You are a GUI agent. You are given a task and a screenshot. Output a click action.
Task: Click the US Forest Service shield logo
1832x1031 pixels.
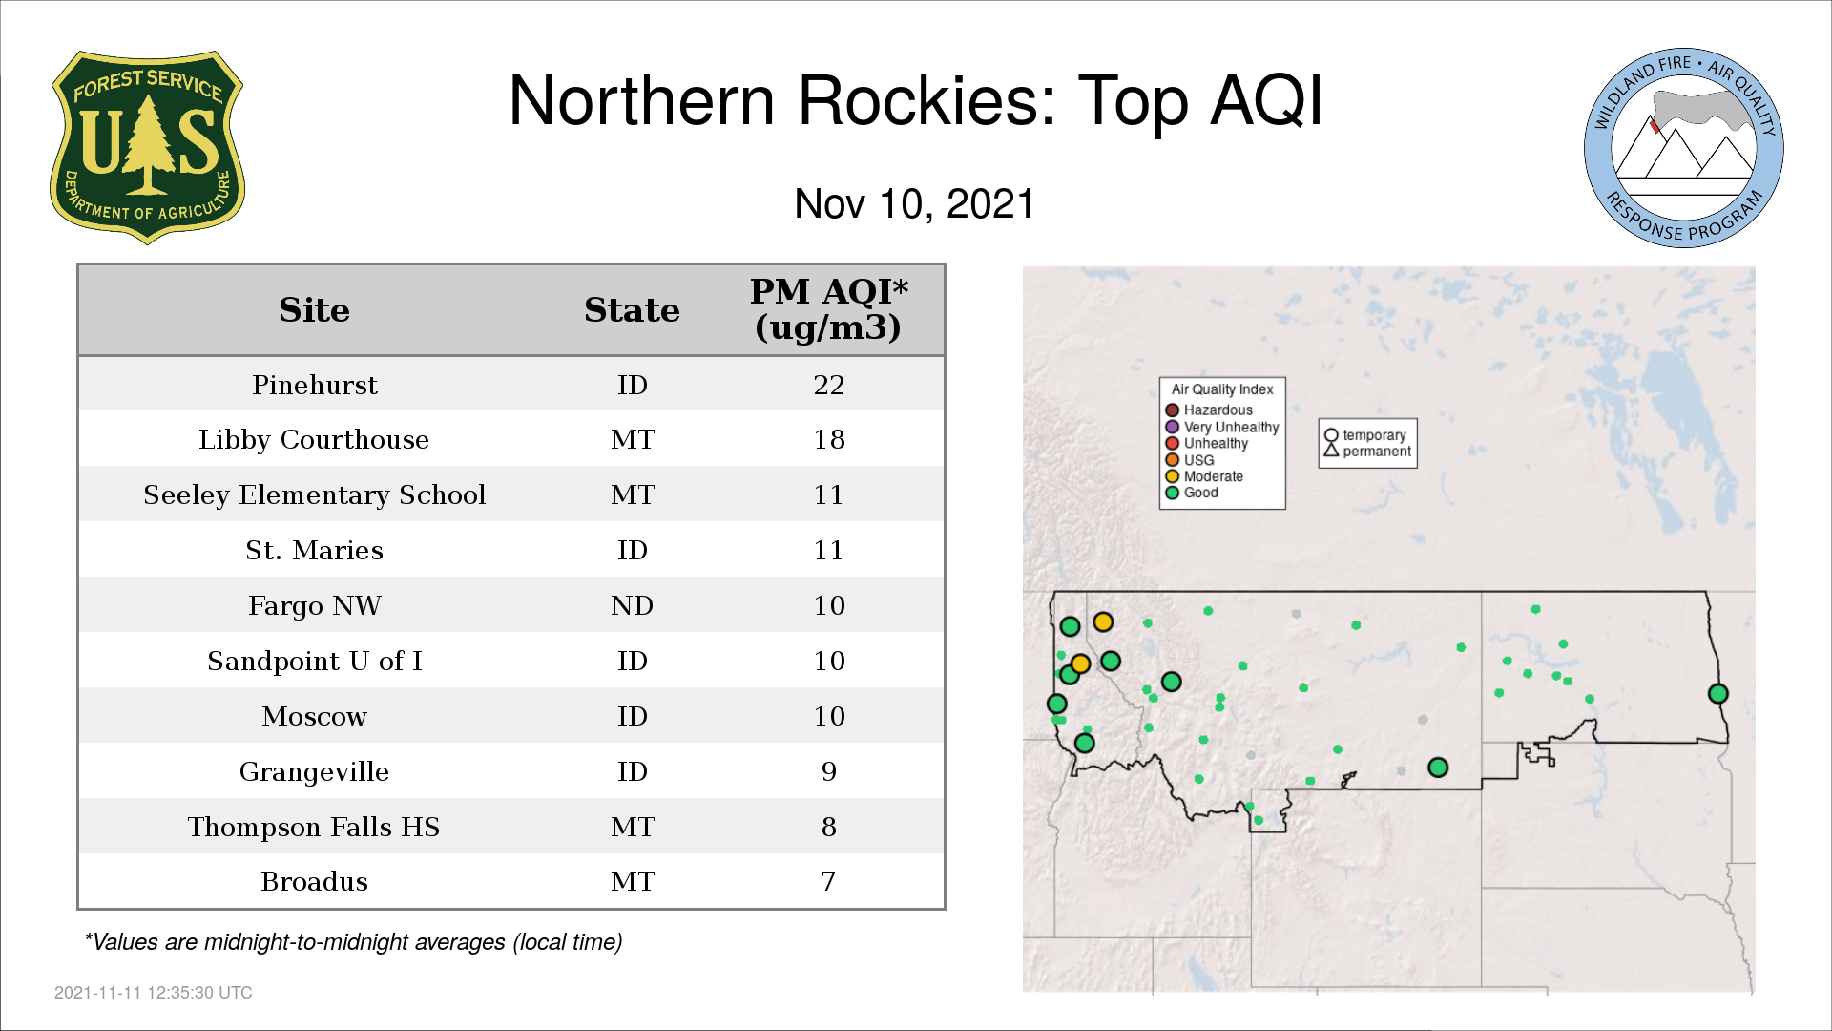pyautogui.click(x=147, y=148)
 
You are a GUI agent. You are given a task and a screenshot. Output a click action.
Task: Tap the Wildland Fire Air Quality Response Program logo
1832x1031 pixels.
pyautogui.click(x=1684, y=148)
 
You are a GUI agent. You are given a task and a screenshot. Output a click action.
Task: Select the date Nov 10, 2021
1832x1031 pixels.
pyautogui.click(x=914, y=204)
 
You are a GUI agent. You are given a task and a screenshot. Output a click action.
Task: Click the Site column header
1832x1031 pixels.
pyautogui.click(x=314, y=310)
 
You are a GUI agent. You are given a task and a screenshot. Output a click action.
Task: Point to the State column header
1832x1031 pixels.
pyautogui.click(x=632, y=310)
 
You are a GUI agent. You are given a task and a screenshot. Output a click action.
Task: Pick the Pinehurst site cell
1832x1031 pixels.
pyautogui.click(x=315, y=385)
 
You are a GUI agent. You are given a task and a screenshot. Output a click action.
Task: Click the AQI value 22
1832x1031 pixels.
pyautogui.click(x=829, y=385)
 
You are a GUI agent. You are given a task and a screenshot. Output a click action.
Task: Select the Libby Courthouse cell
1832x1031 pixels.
pyautogui.click(x=314, y=439)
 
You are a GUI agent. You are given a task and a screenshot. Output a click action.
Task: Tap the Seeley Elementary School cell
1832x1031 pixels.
pyautogui.click(x=315, y=494)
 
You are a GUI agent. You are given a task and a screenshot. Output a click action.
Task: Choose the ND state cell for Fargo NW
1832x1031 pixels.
pyautogui.click(x=632, y=605)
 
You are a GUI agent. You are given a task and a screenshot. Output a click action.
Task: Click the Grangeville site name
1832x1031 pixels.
pyautogui.click(x=314, y=771)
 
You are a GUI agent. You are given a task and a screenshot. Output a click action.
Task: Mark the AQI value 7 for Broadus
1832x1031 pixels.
pyautogui.click(x=828, y=881)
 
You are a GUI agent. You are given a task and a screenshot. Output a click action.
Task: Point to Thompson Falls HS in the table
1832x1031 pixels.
pyautogui.click(x=314, y=827)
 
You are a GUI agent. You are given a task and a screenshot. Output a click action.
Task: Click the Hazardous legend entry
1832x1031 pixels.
pyautogui.click(x=1209, y=410)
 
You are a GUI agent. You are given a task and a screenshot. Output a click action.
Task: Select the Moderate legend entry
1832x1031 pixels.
pyautogui.click(x=1204, y=476)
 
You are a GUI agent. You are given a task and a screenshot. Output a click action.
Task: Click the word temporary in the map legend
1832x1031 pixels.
pyautogui.click(x=1374, y=435)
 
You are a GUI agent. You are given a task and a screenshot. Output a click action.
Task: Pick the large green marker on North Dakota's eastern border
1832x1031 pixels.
pyautogui.click(x=1717, y=694)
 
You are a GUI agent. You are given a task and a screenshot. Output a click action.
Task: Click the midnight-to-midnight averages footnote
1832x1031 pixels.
pyautogui.click(x=353, y=942)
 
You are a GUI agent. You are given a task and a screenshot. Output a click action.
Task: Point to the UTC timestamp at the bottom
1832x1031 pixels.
pyautogui.click(x=154, y=993)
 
